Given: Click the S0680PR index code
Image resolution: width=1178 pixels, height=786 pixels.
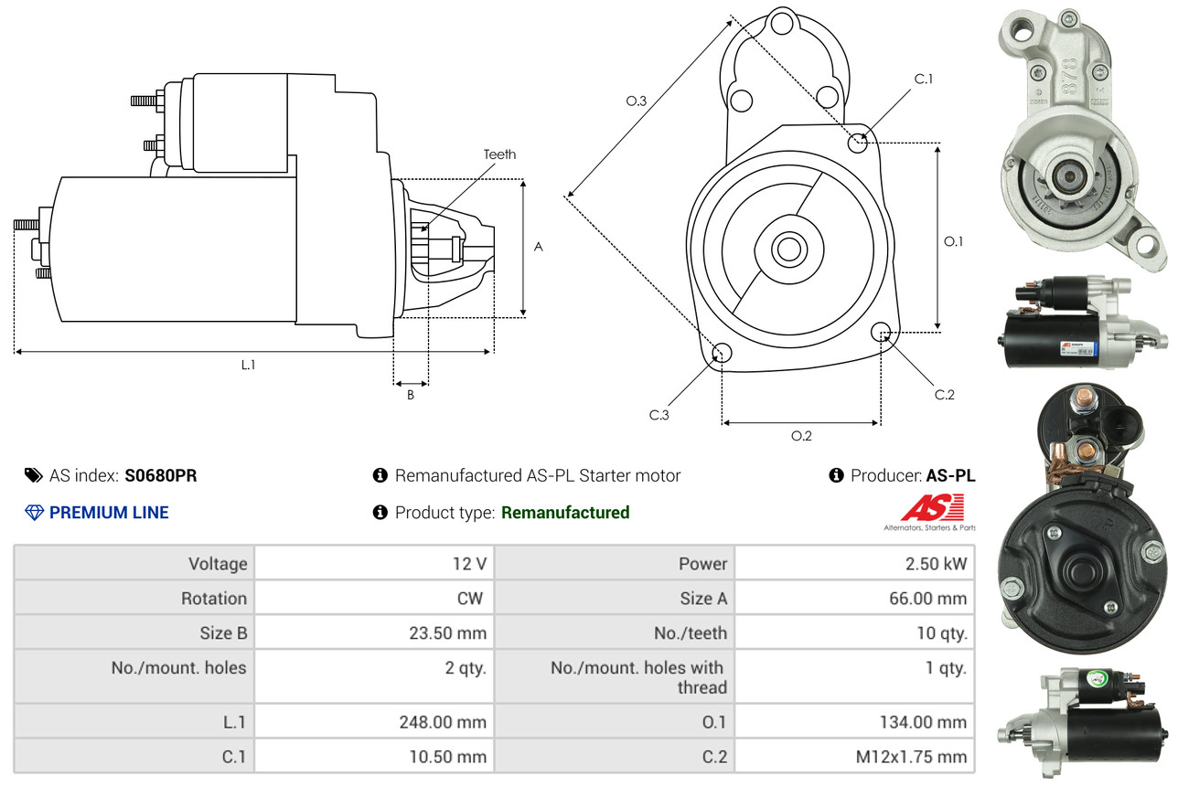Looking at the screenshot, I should coord(161,475).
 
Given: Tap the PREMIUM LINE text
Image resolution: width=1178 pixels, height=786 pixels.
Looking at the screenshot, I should coord(109,513).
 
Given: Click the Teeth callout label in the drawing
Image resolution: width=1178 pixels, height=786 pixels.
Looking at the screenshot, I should coord(499,154).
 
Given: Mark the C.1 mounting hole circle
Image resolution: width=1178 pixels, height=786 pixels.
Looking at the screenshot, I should coord(858,143).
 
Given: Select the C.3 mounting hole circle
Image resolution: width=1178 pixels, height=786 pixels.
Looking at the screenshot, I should coord(722,354).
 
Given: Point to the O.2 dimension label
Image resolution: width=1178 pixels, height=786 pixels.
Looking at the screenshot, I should coord(801,436).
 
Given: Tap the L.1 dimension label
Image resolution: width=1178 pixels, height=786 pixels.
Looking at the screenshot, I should coord(249,365).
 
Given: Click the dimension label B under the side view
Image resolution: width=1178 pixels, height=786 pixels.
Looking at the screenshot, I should coord(411,395).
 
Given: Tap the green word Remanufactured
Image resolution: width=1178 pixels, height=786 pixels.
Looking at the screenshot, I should coord(565,513).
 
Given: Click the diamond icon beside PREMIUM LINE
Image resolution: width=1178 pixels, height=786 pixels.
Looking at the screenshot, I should coord(34,513).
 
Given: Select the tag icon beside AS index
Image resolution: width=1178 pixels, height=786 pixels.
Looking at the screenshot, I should coord(34,475).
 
